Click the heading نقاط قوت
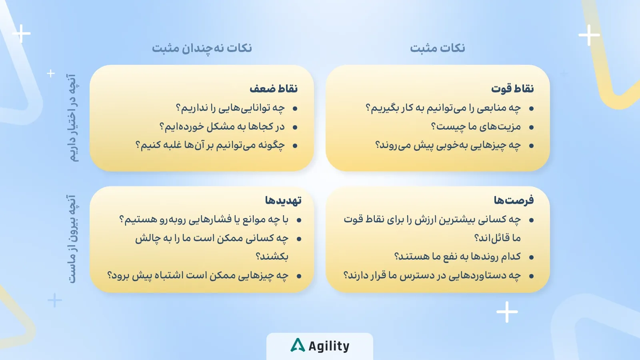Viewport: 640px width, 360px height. pos(512,88)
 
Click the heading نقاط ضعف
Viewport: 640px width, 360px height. pos(274,88)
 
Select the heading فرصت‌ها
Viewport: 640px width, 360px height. pos(514,200)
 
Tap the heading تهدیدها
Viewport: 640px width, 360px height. pos(283,200)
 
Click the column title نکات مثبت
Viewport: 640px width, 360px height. pos(437,48)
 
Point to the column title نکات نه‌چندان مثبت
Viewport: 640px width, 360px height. pos(202,48)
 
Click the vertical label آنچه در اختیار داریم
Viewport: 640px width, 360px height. pos(72,117)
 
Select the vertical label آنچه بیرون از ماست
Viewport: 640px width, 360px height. pos(72,239)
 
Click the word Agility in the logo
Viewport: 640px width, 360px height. pos(329,346)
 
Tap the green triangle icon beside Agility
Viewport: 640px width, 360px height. pos(298,345)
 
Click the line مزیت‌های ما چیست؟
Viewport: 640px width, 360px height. pos(476,127)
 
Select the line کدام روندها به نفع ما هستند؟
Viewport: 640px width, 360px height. pos(457,256)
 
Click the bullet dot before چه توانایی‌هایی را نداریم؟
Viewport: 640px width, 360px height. pos(295,108)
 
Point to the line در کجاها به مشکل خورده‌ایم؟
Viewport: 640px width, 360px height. pos(222,127)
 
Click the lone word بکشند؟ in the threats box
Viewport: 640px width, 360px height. pos(272,256)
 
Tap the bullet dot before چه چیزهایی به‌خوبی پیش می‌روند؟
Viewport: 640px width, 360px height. pos(531,146)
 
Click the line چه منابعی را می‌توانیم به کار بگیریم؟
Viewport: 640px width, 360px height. pos(443,108)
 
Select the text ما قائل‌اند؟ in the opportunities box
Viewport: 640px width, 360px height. pos(497,238)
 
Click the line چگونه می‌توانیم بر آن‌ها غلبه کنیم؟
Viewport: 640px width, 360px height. pos(210,145)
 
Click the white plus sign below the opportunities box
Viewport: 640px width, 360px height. pos(507,312)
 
